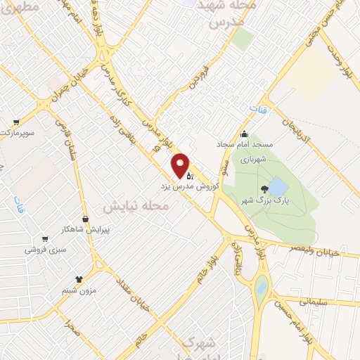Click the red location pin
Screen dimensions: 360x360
pos(181,165)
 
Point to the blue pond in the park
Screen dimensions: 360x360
pos(278,187)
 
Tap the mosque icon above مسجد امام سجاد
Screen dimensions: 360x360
pos(244,134)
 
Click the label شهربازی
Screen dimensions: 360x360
pos(251,160)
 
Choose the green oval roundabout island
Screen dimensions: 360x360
pos(262,289)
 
